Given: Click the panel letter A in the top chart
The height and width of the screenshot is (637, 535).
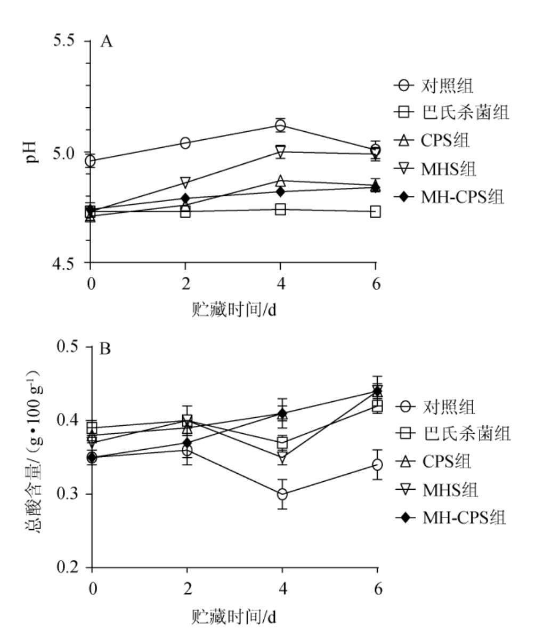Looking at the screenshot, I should pos(107,42).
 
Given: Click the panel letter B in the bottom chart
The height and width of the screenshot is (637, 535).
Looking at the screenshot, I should pos(106,349).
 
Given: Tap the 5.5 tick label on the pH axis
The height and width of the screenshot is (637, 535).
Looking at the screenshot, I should pos(66,42).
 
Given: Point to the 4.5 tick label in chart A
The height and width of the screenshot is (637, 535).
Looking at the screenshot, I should pos(66,264).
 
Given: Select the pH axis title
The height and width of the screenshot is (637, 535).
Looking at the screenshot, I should pos(33,152).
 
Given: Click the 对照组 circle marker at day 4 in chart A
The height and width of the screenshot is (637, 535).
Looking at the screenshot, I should pos(280,125).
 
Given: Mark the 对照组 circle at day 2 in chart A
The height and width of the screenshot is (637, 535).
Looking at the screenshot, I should pos(185,143).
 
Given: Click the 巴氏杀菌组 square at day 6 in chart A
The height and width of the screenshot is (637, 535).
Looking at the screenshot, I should pos(375,211).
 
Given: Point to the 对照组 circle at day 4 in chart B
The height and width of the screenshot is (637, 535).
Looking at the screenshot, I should pos(282,494).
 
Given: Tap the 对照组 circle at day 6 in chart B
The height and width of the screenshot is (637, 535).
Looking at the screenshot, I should pos(377,465).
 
